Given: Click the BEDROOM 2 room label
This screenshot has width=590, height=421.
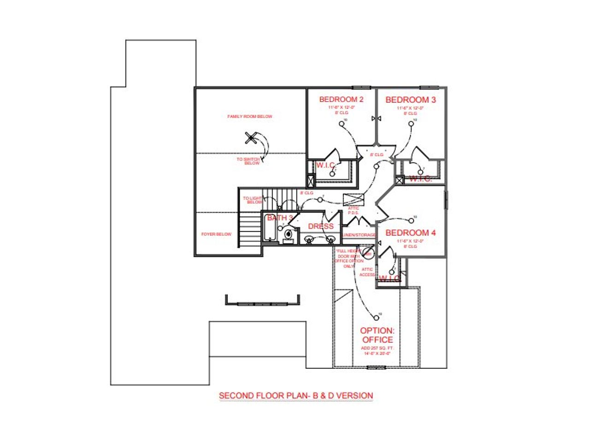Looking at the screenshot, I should [x=342, y=99].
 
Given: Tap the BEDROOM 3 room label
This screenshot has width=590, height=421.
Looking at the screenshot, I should [x=411, y=100].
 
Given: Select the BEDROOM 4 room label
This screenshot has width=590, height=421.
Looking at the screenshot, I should [x=410, y=233].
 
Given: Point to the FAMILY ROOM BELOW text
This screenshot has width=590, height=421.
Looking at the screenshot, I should [x=250, y=117].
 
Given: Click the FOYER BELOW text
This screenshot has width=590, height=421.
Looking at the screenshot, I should [x=216, y=235].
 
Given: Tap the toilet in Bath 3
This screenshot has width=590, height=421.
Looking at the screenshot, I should [x=288, y=235].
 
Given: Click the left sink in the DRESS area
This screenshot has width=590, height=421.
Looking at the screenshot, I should [x=309, y=239].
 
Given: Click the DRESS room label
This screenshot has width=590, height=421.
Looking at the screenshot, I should [x=320, y=226].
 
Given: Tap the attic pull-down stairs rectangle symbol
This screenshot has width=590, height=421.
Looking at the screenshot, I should [x=354, y=199].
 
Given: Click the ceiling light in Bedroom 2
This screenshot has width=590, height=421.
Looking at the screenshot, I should [x=342, y=123].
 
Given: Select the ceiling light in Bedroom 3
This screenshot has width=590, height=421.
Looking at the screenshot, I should [x=411, y=123].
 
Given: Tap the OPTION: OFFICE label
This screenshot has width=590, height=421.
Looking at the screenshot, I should [x=377, y=335].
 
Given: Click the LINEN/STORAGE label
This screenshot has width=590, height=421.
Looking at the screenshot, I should [x=359, y=235].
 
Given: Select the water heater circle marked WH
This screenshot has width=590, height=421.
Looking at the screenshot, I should [x=368, y=253].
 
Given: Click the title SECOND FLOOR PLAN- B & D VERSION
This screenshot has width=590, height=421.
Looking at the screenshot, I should [x=295, y=396].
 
